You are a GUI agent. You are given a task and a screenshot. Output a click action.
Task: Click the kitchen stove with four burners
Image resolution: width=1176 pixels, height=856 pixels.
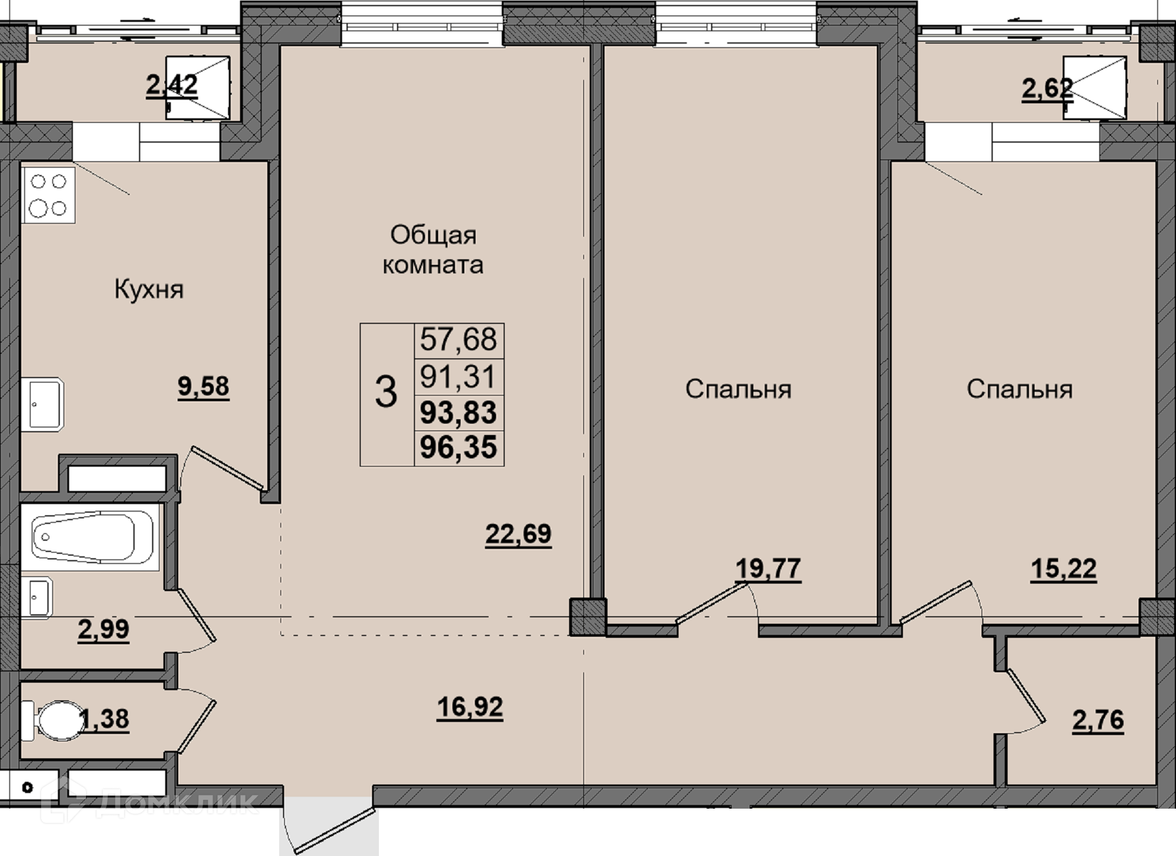[49, 194]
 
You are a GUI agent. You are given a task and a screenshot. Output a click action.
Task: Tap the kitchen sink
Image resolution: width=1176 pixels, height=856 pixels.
[43, 404]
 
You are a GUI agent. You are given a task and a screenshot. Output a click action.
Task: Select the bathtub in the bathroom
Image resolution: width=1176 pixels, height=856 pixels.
[91, 538]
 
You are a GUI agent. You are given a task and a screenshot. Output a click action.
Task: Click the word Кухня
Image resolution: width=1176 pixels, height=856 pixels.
[149, 290]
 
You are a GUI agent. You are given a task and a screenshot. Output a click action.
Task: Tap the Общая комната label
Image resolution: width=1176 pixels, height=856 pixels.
[433, 250]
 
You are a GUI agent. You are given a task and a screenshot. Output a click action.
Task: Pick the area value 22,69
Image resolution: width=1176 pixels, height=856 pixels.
[519, 535]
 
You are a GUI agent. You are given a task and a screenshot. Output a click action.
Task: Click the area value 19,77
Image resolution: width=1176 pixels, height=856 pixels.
[768, 569]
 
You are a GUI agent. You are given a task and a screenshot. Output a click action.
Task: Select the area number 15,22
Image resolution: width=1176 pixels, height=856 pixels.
[1064, 569]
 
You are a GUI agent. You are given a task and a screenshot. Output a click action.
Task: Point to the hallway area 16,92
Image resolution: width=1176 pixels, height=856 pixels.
[470, 708]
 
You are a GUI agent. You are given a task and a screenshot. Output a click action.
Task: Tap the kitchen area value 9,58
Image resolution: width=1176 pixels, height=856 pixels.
[204, 387]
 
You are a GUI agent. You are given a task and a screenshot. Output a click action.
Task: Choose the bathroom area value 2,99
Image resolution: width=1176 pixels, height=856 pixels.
[103, 629]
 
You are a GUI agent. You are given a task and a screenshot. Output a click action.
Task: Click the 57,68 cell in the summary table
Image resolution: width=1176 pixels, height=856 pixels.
[459, 340]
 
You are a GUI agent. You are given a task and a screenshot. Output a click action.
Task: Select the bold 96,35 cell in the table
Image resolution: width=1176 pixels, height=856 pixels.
[459, 447]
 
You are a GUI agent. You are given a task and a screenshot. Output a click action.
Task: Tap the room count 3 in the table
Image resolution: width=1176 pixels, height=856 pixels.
[386, 392]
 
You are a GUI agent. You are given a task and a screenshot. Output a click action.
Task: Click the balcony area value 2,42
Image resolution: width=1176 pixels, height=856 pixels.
[172, 85]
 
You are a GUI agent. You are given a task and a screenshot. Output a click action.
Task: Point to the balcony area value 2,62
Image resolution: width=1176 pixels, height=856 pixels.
[1048, 88]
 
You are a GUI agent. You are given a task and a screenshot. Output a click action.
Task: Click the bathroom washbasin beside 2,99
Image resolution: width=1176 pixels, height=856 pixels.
[37, 597]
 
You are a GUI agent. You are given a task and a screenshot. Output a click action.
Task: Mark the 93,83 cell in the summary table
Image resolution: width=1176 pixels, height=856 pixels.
[459, 412]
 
